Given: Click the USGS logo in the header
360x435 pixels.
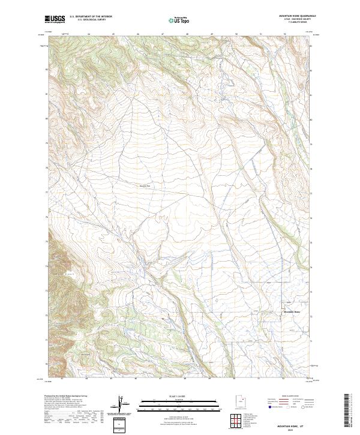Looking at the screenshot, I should coord(55,20).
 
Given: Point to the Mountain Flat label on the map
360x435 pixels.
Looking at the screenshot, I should coord(144,185).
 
